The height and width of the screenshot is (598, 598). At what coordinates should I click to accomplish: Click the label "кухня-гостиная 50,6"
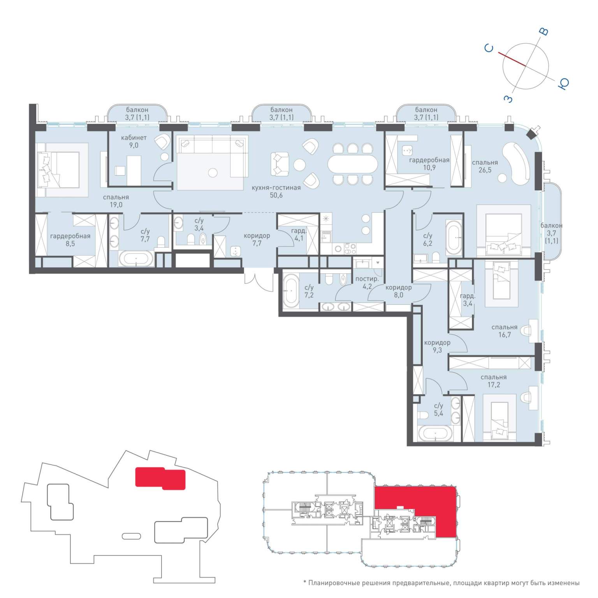coord(276,191)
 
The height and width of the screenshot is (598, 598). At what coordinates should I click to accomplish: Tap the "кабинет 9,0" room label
coord(134,141)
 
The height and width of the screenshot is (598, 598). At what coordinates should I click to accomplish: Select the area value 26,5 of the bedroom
coord(485,170)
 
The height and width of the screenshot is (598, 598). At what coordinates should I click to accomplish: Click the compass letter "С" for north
coord(489,48)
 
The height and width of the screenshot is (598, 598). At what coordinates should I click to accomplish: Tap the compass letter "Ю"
coord(563,83)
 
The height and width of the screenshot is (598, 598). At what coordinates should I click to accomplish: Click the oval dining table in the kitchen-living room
coord(353,164)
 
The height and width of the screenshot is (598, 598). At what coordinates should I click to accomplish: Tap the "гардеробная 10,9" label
coord(429,164)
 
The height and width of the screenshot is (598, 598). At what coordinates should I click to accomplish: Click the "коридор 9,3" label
coord(437,346)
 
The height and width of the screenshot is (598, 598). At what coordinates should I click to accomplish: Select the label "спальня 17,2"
coord(493,381)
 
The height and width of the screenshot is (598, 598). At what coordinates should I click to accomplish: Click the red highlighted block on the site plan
coord(160,478)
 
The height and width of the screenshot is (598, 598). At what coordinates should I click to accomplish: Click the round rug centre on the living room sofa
coord(213,172)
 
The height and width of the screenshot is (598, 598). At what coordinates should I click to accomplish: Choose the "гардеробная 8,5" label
coord(70,240)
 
